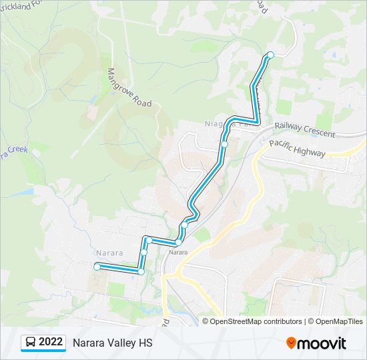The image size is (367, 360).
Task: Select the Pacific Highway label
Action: tap(297, 148)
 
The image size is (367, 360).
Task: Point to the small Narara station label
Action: tap(177, 252)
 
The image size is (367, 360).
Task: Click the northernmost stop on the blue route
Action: tap(270, 55)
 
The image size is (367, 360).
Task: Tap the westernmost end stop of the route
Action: tap(97, 267)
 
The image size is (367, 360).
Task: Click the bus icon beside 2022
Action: tap(31, 343)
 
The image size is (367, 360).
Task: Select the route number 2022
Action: tap(51, 343)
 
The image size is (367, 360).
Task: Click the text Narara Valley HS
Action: tap(112, 343)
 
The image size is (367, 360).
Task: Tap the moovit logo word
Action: tap(322, 343)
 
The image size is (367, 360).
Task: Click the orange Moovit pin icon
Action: tap(291, 343)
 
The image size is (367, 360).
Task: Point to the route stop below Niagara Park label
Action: tap(225, 144)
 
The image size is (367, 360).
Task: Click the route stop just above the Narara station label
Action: tap(179, 243)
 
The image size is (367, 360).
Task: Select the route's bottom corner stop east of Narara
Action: tap(141, 271)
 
